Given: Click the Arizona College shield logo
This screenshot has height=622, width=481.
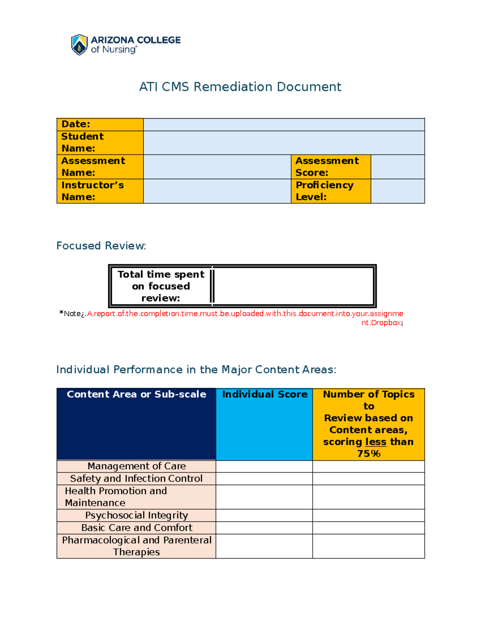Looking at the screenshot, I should [x=79, y=44].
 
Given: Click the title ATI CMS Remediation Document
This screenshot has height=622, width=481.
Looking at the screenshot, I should [x=240, y=87].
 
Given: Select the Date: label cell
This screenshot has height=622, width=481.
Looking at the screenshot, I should [x=100, y=124].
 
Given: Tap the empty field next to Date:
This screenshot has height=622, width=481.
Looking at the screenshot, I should [x=284, y=125].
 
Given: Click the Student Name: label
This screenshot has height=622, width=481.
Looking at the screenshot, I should [x=100, y=143].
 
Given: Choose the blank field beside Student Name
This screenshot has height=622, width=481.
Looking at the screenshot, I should [x=284, y=143].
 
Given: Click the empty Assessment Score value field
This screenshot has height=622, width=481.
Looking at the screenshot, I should [x=398, y=167].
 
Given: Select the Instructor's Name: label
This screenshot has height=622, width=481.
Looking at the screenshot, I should [x=100, y=191].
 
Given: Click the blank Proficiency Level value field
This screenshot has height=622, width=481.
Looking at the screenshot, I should [x=398, y=191].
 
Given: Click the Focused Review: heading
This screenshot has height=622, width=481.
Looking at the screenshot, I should [x=101, y=246].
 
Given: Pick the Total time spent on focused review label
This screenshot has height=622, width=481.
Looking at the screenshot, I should [x=161, y=286].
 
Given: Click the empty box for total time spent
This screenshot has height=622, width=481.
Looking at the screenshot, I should [x=294, y=286].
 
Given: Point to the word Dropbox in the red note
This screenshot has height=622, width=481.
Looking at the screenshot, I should [x=386, y=323].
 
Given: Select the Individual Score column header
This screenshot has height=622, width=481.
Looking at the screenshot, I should [x=265, y=395].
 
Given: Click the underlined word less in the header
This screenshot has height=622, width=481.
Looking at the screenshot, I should [x=376, y=442].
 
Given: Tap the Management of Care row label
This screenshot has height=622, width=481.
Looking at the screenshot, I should [x=136, y=466].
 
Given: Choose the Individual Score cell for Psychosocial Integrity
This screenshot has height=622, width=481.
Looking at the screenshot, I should [x=264, y=515].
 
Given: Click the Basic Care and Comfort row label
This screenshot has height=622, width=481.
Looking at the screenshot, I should [x=136, y=527].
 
